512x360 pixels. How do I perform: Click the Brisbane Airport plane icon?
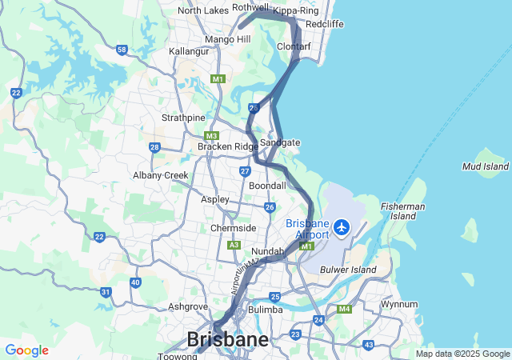tap(342, 228)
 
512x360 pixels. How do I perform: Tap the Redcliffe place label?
tap(324, 24)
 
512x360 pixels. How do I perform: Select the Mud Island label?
tap(485, 166)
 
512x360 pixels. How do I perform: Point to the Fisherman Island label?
tap(402, 211)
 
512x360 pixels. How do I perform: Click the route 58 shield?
tap(122, 50)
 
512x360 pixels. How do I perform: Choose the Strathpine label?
tap(183, 118)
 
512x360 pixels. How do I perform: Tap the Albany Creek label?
tap(161, 175)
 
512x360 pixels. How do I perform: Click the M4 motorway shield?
tap(344, 309)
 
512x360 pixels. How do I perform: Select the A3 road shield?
tap(234, 245)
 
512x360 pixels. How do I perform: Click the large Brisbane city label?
tap(227, 339)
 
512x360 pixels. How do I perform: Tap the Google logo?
tap(26, 350)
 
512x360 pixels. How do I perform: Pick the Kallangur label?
tap(189, 51)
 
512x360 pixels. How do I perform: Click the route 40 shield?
tap(134, 282)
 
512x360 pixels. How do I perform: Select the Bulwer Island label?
tap(348, 270)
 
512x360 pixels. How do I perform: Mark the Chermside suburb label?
tap(233, 228)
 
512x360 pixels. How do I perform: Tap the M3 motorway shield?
tap(211, 136)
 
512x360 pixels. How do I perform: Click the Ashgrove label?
tap(188, 306)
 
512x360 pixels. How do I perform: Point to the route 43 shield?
tap(368, 345)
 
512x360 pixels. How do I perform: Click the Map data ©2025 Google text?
tap(462, 354)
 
